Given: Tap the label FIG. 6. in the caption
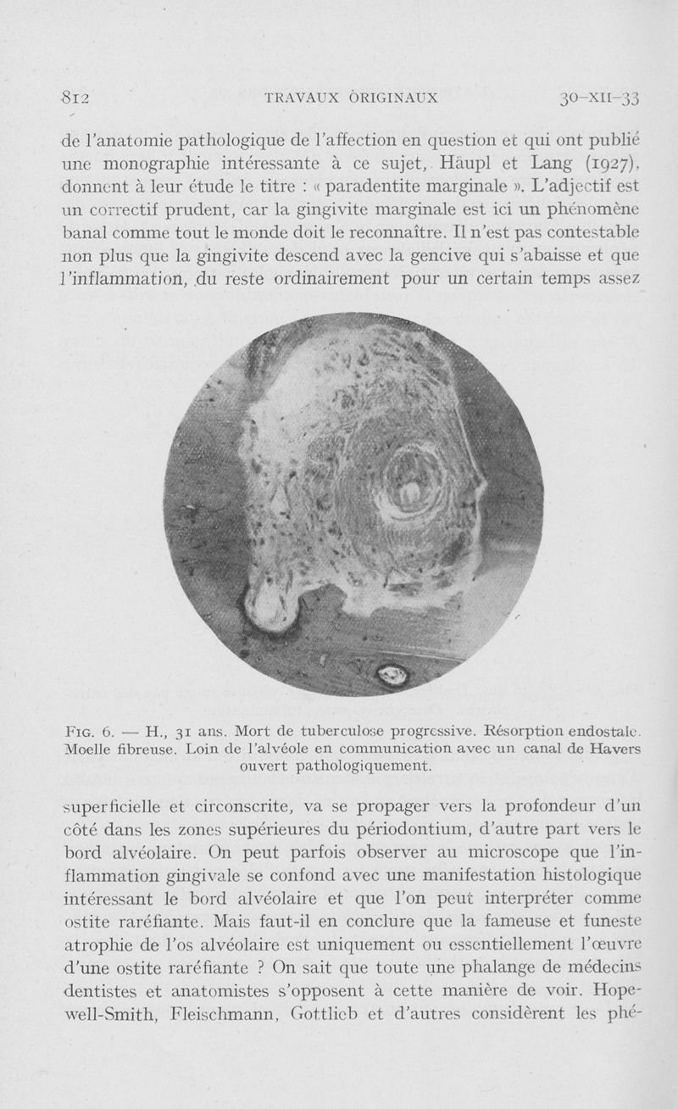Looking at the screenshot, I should click(89, 730).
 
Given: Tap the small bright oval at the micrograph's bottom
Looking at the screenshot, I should click(392, 674).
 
